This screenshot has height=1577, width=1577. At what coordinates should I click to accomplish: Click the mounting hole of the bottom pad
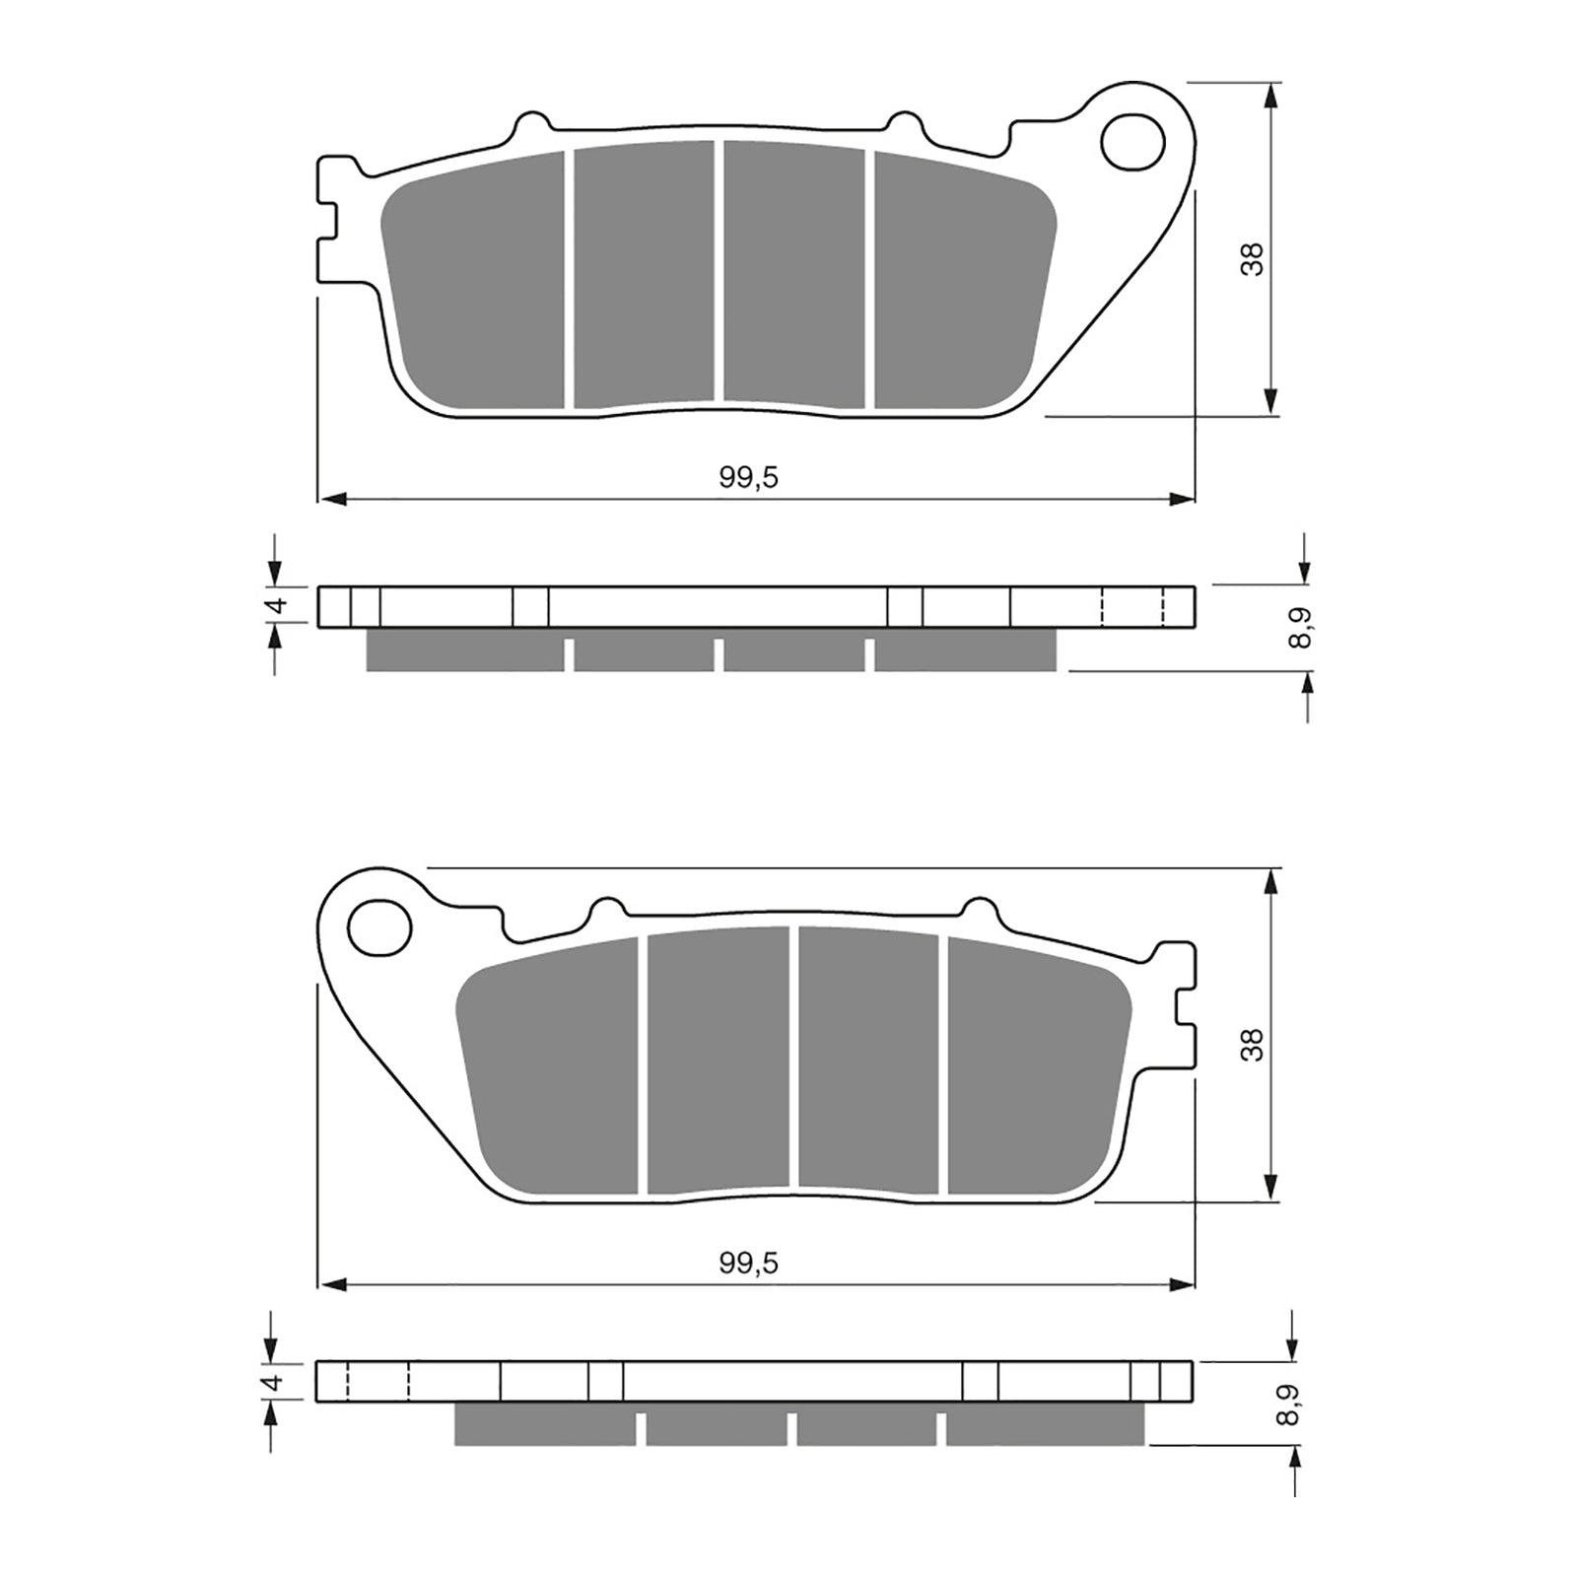click(x=380, y=927)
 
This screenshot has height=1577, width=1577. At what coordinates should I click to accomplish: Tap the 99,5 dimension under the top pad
click(x=749, y=478)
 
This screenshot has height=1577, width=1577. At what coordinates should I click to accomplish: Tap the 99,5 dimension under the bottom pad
click(x=749, y=1263)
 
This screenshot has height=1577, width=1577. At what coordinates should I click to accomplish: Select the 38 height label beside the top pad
click(x=1252, y=258)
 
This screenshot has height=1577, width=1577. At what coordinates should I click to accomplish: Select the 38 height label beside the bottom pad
click(x=1252, y=1044)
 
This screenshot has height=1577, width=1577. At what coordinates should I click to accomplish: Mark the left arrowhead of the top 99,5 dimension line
click(x=331, y=500)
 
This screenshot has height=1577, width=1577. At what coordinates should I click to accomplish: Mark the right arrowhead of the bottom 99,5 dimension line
click(x=1182, y=1284)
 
